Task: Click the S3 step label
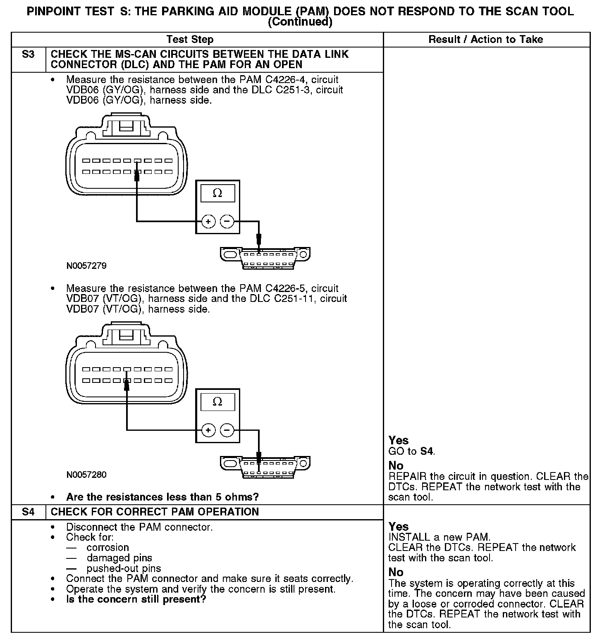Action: coord(28,55)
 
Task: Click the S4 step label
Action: coord(28,512)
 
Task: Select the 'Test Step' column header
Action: coord(190,40)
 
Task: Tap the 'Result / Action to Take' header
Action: coord(486,40)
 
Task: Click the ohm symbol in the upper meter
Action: coord(217,193)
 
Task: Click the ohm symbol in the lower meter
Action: coord(217,402)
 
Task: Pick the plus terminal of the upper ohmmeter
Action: coord(208,222)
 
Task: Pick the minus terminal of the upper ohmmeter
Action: coord(227,222)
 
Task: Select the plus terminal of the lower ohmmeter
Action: coord(208,430)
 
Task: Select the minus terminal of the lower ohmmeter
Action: coord(227,430)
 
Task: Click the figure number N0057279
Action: coord(86,266)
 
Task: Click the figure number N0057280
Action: coord(86,475)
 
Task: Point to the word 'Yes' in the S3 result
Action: coord(399,441)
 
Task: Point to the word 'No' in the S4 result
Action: coord(396,572)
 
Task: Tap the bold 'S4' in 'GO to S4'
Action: coord(427,451)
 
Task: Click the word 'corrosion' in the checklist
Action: coord(107,548)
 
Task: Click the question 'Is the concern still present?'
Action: coord(136,599)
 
